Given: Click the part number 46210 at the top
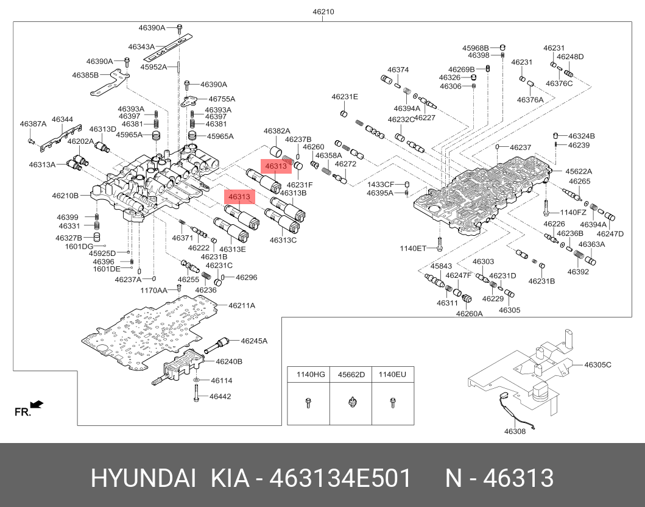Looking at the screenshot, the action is pos(323,12).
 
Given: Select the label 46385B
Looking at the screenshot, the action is pos(85,75).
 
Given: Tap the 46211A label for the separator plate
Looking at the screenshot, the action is pos(242,305).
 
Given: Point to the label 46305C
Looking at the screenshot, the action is pos(597,364).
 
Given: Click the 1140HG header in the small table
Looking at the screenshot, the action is pos(311,374).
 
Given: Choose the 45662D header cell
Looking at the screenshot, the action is pos(351,374).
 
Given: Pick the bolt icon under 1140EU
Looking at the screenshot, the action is pos(392,402).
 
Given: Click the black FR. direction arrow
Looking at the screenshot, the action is pos(37,404).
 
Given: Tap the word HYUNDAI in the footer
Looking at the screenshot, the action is pos(143,479).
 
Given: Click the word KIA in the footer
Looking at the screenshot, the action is pos(230,479).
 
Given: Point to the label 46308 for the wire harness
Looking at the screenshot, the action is pos(514,431).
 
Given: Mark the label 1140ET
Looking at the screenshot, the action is pos(413,248).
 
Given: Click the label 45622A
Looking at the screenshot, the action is pos(578,171).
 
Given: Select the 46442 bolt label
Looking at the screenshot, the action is pos(220,396).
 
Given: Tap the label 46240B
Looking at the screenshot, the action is pos(230,361).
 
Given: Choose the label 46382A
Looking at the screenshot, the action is pos(277,131).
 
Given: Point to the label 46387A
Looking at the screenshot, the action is pos(33,124).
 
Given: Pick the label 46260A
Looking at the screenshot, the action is pos(469,313).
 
